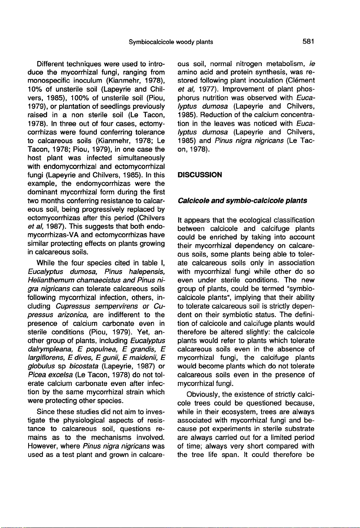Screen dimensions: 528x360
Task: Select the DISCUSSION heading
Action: (199, 175)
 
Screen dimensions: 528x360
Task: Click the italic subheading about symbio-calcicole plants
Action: (243, 201)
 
